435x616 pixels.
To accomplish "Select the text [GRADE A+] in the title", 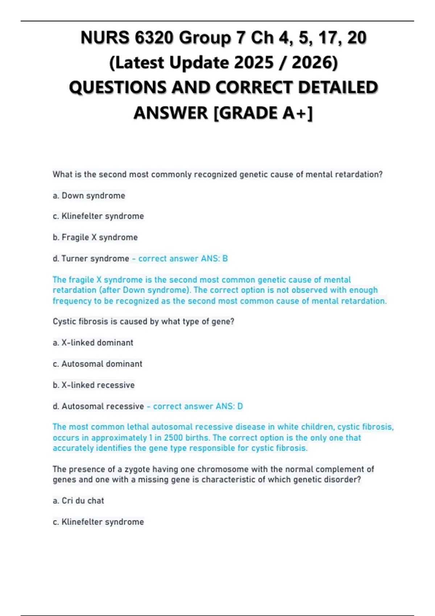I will point(263,113).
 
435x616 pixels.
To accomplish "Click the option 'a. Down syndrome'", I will point(89,196).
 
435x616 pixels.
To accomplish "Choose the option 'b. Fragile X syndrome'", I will point(95,237).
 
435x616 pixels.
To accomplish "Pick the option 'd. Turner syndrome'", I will point(91,259).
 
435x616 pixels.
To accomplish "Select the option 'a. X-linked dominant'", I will point(93,343).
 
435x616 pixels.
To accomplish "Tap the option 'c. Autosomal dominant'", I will point(97,364).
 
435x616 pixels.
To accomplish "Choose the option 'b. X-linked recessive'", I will point(94,385).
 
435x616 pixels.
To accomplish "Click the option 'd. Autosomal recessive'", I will point(98,407).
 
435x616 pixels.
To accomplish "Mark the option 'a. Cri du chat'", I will point(78,501).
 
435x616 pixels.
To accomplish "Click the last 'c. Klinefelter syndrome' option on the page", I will point(98,522).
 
